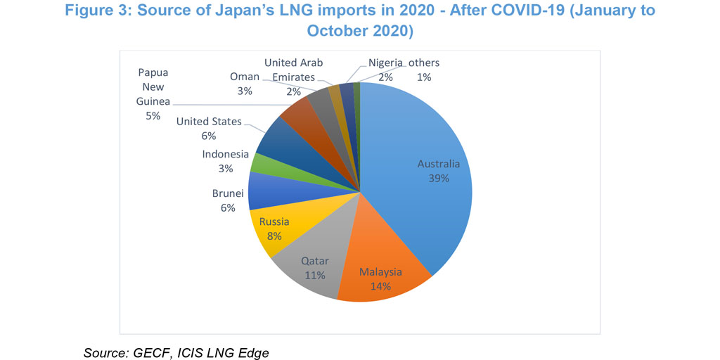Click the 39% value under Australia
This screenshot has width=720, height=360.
(x=438, y=178)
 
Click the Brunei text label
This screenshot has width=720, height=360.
(x=228, y=193)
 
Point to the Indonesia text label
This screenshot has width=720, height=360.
(x=225, y=154)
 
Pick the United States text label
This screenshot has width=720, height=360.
(x=209, y=122)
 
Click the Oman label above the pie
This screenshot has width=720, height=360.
(x=245, y=77)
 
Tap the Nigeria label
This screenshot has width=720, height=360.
(x=385, y=63)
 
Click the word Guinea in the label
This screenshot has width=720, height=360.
(x=153, y=101)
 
